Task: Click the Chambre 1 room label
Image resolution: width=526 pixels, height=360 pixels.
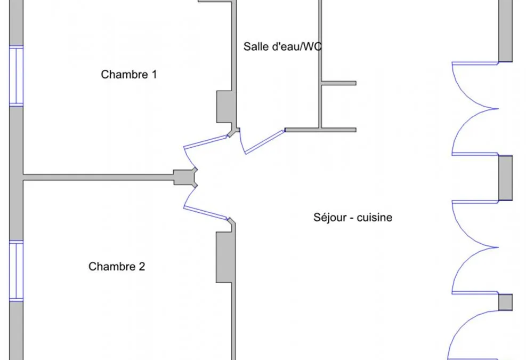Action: pyautogui.click(x=129, y=74)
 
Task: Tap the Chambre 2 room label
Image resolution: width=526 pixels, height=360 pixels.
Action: pyautogui.click(x=117, y=266)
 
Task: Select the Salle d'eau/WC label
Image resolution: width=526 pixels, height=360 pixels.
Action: pyautogui.click(x=282, y=46)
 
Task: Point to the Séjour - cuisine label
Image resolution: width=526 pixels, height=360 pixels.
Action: pyautogui.click(x=353, y=217)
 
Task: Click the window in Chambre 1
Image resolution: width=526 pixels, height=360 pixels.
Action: pyautogui.click(x=16, y=76)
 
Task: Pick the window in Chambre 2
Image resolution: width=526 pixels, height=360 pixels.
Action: pyautogui.click(x=16, y=271)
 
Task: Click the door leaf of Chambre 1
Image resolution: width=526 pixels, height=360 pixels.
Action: pyautogui.click(x=205, y=141)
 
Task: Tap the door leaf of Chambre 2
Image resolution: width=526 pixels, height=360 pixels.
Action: pyautogui.click(x=205, y=214)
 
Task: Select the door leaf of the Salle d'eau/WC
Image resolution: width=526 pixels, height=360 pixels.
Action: pyautogui.click(x=265, y=142)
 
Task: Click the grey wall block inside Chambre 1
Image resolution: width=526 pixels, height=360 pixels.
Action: pyautogui.click(x=224, y=107)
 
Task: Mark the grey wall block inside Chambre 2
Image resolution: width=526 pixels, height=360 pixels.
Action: pyautogui.click(x=224, y=257)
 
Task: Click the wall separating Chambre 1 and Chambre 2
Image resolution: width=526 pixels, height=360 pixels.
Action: pyautogui.click(x=98, y=177)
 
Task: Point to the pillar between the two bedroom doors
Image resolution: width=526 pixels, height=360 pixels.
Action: pyautogui.click(x=185, y=177)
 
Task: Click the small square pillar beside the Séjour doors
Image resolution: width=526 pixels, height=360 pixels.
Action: pyautogui.click(x=505, y=302)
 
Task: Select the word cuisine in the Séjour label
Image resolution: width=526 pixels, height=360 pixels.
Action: pyautogui.click(x=374, y=217)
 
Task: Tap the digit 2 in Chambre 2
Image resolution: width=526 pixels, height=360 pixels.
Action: pyautogui.click(x=142, y=266)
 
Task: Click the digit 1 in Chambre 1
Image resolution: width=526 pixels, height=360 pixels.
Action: pyautogui.click(x=155, y=74)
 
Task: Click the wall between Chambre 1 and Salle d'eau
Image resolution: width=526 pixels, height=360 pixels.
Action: pyautogui.click(x=234, y=64)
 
